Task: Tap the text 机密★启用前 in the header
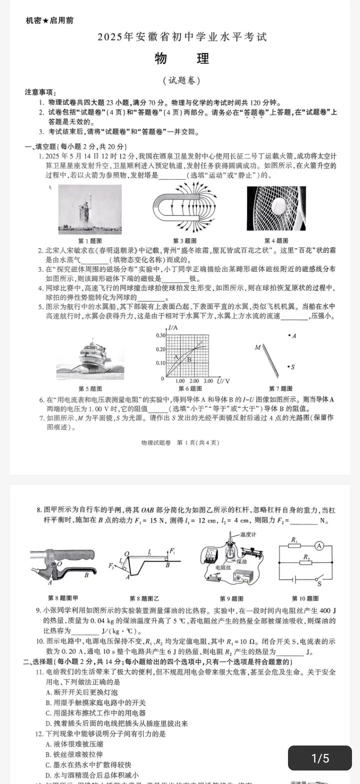coord(49,20)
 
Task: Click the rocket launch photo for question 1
coord(90,209)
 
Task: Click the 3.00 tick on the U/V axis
coord(208,381)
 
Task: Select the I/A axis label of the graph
coord(173,328)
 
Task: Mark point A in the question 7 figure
coord(290,336)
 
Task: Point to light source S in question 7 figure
coord(290,367)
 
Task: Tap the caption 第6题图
coord(190,389)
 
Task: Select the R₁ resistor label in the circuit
coord(294,540)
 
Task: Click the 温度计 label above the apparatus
coord(248,534)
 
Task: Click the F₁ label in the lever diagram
coord(172,551)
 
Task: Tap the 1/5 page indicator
coord(320,758)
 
